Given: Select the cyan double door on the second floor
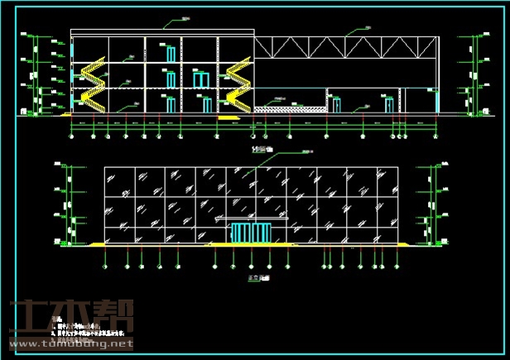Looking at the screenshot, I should pos(200,79).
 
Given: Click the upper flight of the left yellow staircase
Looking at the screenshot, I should pos(94,65).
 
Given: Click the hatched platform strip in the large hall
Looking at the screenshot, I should pos(288,108).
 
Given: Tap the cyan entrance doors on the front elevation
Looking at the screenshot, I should pos(248,233).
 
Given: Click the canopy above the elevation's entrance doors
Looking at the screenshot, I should pos(248,220).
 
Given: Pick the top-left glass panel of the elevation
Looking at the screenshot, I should pos(118,180).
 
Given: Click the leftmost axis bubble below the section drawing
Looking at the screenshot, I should pos(72,137).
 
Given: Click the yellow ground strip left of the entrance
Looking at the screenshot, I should pos(157,245).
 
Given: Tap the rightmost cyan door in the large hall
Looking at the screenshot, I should pos(388,104).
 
